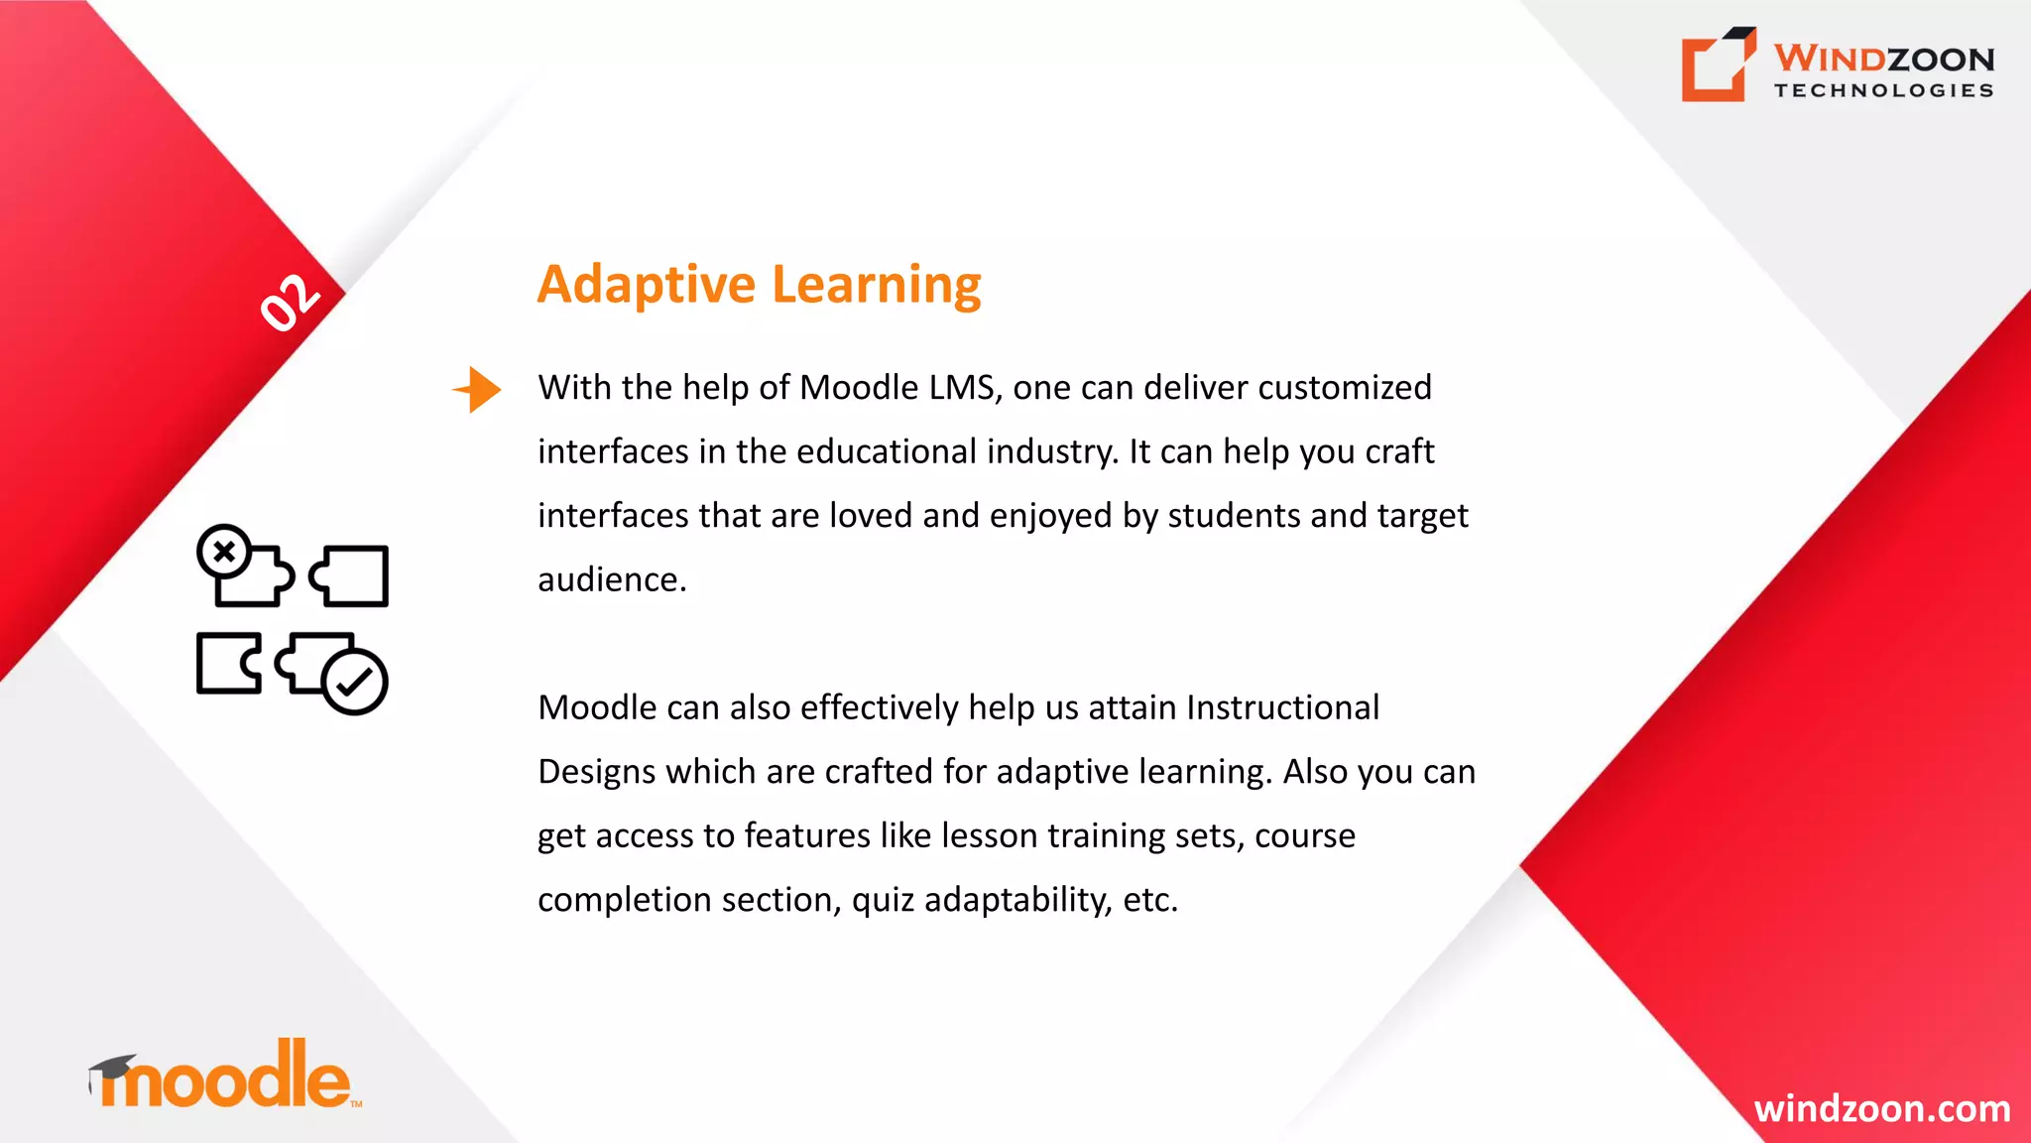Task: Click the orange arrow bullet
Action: point(479,389)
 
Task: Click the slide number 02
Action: point(290,302)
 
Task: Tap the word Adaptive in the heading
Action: point(647,286)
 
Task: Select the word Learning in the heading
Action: point(877,286)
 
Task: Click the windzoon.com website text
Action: point(1881,1108)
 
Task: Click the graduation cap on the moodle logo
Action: point(111,1070)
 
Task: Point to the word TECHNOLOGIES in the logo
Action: point(1883,90)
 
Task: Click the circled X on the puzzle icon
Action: point(224,552)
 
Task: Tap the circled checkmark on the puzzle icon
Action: point(354,682)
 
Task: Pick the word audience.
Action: point(612,579)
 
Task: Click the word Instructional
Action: point(1282,707)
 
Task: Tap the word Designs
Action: point(596,772)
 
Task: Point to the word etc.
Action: point(1150,900)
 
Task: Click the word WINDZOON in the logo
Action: point(1883,59)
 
